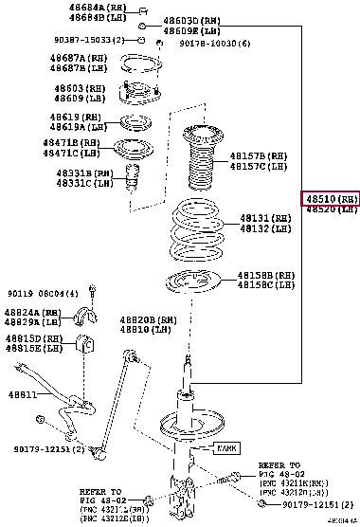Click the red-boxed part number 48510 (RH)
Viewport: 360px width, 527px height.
click(x=330, y=199)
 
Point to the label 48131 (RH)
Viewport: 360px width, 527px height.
click(x=261, y=217)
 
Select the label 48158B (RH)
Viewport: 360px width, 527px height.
click(x=262, y=275)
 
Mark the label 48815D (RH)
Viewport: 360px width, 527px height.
click(x=38, y=338)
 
